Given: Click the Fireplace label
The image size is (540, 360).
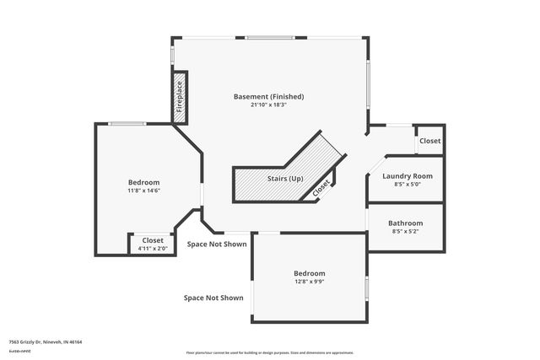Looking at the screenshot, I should tap(179, 97).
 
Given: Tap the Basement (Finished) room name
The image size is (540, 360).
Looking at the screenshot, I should tap(268, 97).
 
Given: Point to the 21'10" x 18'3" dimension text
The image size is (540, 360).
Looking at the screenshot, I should tap(268, 105).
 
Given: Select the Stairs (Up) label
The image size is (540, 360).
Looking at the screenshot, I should tap(285, 179).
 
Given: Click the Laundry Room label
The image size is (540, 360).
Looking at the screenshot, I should tap(407, 176).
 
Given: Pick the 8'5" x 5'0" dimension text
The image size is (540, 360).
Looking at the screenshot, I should tap(407, 184).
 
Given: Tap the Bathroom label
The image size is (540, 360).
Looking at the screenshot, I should tap(405, 223).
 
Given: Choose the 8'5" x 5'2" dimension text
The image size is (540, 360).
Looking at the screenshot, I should tap(405, 231).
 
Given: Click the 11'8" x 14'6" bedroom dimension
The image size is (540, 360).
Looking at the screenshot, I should tap(143, 191).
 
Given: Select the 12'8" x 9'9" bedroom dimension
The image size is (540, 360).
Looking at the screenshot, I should tap(309, 282).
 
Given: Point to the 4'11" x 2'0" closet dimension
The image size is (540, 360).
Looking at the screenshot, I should tap(153, 249).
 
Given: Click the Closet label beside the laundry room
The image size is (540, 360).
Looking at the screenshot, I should tap(429, 141).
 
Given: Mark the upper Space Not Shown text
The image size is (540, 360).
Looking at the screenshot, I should tap(217, 244).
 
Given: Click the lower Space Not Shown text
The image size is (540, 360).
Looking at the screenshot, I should tap(213, 298).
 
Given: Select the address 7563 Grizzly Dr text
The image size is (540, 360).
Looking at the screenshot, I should tap(45, 342).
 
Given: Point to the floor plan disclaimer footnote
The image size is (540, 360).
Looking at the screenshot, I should tap(269, 352).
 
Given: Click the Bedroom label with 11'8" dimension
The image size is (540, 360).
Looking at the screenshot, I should tap(143, 182).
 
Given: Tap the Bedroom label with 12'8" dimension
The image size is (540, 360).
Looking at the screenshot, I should tap(309, 273).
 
